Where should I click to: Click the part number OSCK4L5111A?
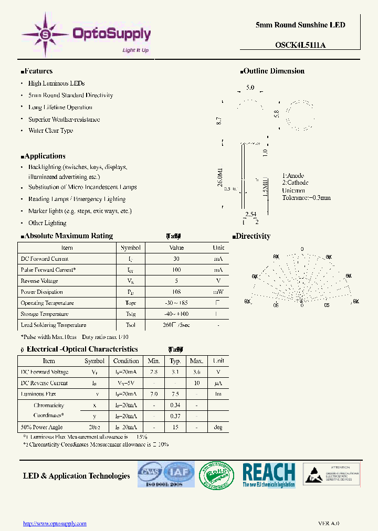[x=300, y=45]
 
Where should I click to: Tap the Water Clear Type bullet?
[x=50, y=131]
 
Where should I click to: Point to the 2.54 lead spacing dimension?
[x=250, y=214]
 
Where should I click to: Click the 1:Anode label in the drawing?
[x=293, y=176]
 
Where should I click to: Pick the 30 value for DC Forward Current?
[x=176, y=259]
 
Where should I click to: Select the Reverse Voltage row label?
[x=39, y=281]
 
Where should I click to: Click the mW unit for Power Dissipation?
[x=218, y=292]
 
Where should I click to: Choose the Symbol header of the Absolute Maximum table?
[x=130, y=248]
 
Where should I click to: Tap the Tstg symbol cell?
[x=130, y=314]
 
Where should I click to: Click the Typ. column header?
[x=175, y=361]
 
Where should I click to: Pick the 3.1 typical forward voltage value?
[x=175, y=372]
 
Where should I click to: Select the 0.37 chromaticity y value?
[x=175, y=416]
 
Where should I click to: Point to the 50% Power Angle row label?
[x=41, y=427]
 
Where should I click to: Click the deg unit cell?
[x=218, y=427]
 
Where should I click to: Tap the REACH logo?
[x=269, y=475]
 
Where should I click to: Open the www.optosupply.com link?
[x=55, y=523]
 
